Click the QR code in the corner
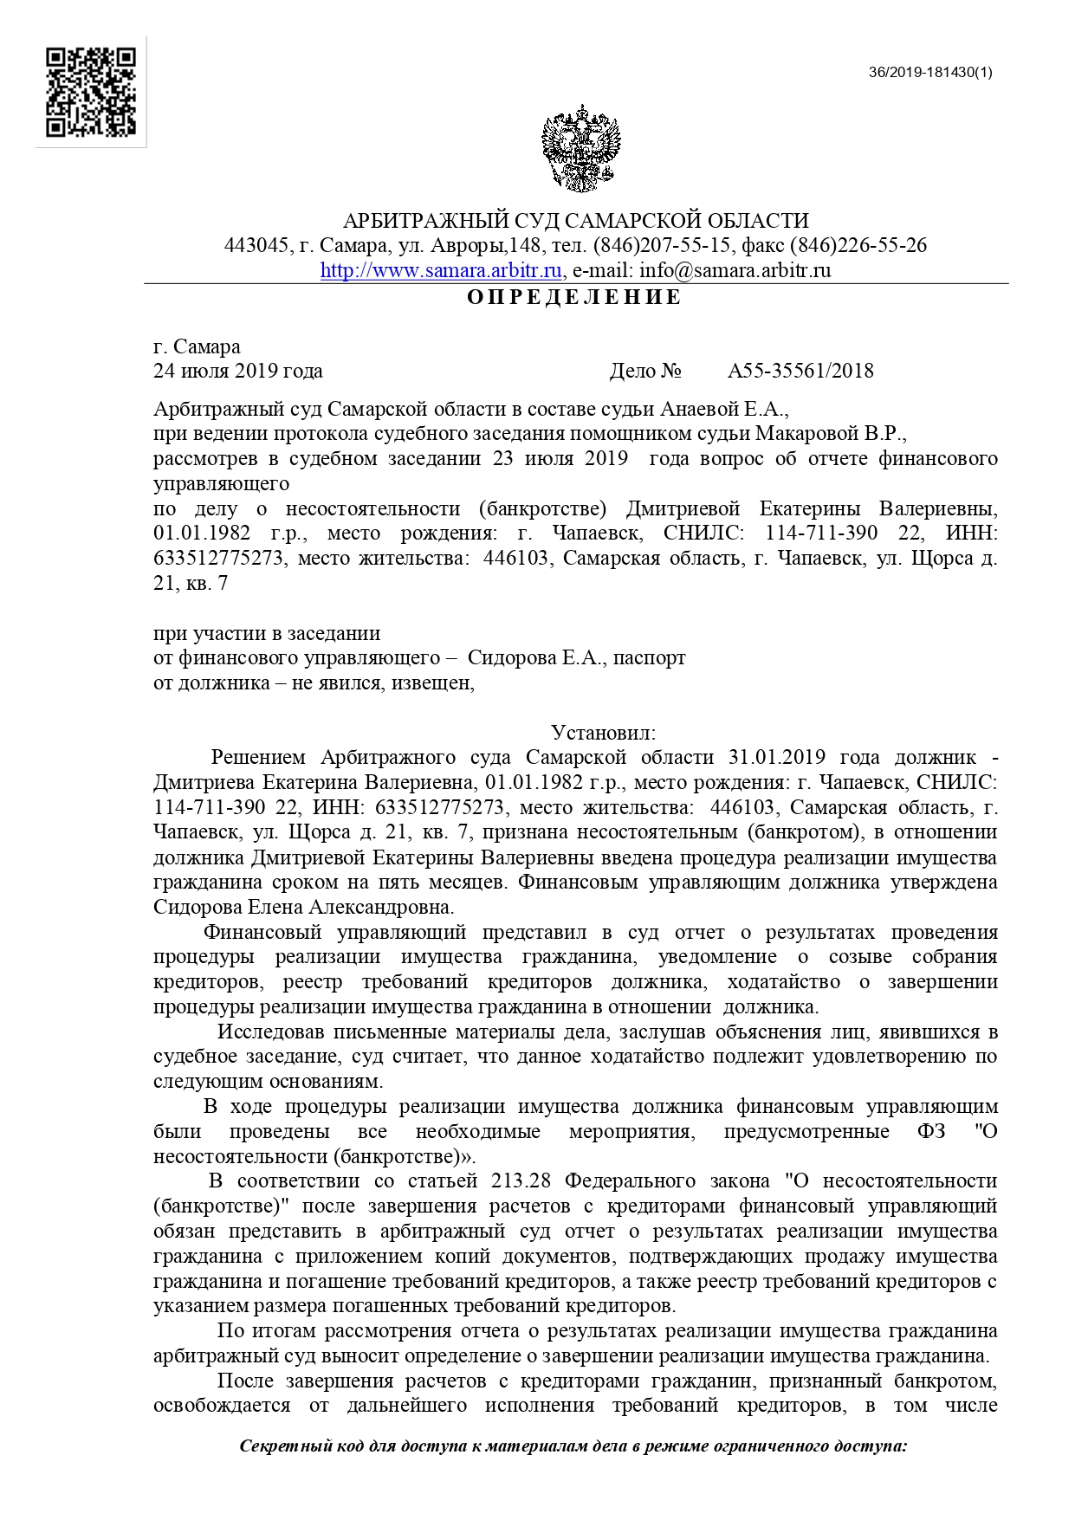(x=91, y=92)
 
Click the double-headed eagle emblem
(x=582, y=148)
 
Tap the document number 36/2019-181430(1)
(x=930, y=72)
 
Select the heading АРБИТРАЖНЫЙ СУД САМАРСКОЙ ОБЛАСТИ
(x=576, y=221)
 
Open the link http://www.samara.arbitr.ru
(x=442, y=270)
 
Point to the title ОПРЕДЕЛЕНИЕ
(x=575, y=298)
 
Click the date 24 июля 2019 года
(x=238, y=372)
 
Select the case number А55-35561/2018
(x=800, y=372)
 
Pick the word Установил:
(x=604, y=733)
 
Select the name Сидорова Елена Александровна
(x=303, y=908)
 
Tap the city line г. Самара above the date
(x=197, y=347)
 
